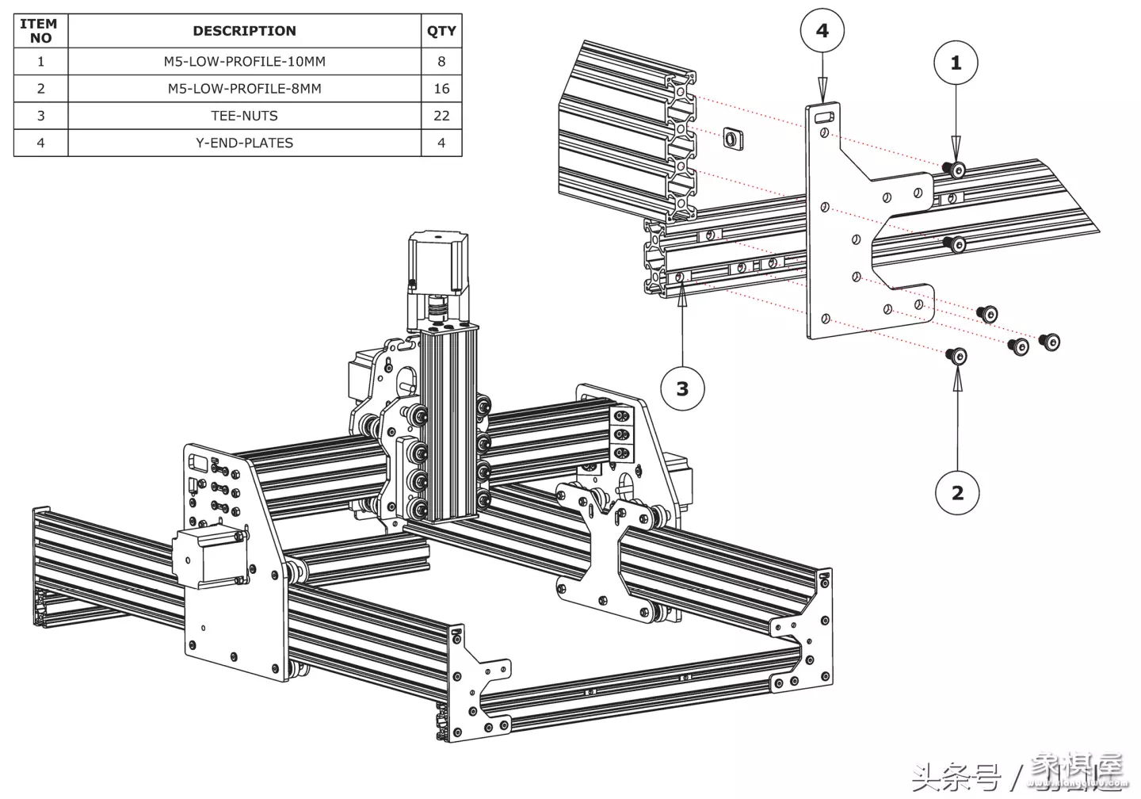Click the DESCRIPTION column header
244,31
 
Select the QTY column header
441,31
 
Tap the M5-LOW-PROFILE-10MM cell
244,62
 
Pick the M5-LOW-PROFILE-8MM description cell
244,89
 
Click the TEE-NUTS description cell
244,116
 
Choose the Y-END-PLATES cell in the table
244,143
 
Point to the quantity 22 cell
441,116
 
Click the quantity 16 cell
441,89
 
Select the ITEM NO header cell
40,31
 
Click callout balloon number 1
956,63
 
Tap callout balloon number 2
957,492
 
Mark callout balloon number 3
682,388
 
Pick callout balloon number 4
822,31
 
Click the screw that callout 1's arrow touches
955,170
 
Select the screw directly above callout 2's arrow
957,356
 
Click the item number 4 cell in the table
40,143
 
